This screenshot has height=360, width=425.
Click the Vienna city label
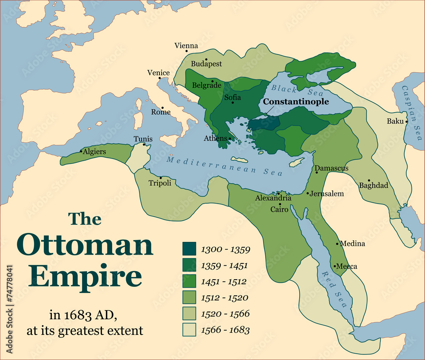point(186,46)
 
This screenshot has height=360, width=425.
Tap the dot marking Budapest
point(206,60)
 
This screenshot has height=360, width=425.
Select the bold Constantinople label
point(296,102)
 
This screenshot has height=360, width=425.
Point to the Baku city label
point(395,121)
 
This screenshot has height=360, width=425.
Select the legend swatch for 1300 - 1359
point(189,249)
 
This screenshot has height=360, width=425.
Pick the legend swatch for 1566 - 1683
point(189,330)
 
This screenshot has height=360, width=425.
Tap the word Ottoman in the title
point(85,245)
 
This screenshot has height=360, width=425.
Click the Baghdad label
point(374,186)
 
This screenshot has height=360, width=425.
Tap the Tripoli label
point(160,183)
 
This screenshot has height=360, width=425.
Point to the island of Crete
point(239,160)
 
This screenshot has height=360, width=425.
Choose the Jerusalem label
point(326,194)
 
